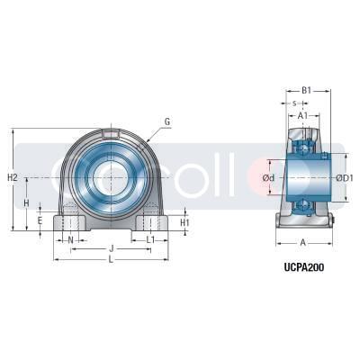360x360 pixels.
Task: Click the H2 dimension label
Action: click(13, 177)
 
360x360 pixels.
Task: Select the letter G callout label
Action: click(166, 121)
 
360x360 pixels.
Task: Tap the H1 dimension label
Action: click(184, 222)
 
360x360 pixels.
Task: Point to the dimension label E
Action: click(40, 220)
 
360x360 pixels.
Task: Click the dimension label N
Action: click(71, 239)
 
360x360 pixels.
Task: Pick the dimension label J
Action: click(111, 248)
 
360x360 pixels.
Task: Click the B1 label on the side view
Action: click(306, 90)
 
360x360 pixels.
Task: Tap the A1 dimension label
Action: click(302, 116)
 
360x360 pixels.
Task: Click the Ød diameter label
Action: click(267, 178)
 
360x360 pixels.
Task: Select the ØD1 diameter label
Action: click(344, 178)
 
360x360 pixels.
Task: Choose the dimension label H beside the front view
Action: click(27, 204)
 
